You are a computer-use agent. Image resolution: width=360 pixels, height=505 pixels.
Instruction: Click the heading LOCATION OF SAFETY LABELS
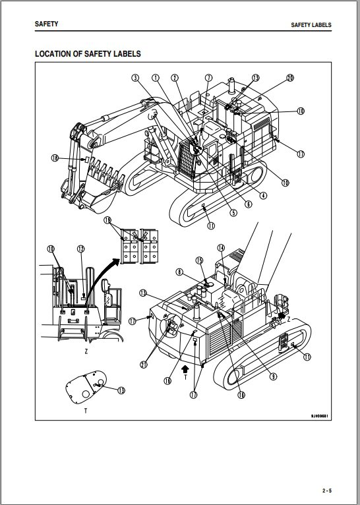click(88, 53)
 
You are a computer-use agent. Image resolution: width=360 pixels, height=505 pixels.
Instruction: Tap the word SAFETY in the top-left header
click(46, 24)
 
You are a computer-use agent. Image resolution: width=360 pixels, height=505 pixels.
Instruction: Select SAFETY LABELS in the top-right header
click(311, 25)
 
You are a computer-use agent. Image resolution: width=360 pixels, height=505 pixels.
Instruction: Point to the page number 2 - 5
click(327, 490)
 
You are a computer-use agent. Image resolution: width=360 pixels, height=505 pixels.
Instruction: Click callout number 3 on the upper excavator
click(135, 78)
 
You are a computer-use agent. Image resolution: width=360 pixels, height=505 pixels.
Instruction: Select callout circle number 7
click(208, 78)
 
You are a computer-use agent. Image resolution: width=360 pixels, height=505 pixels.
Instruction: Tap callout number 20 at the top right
click(289, 78)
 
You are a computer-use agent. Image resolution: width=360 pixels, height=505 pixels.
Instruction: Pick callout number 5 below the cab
click(233, 212)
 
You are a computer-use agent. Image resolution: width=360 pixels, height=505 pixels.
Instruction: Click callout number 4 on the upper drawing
click(263, 194)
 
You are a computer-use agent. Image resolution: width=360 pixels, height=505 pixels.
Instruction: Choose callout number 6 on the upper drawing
click(248, 204)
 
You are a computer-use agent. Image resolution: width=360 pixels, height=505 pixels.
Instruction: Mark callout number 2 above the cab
click(175, 78)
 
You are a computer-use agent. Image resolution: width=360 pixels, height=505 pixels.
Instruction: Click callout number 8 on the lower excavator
click(179, 272)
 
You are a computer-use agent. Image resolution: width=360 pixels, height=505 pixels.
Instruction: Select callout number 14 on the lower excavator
click(221, 248)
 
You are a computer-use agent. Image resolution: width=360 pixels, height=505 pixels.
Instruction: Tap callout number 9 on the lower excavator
click(272, 376)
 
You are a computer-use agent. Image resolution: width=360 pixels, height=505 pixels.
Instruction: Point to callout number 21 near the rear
click(144, 365)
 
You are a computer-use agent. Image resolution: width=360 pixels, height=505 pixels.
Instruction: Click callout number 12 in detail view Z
click(81, 249)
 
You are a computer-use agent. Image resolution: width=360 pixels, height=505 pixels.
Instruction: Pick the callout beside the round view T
click(121, 390)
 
